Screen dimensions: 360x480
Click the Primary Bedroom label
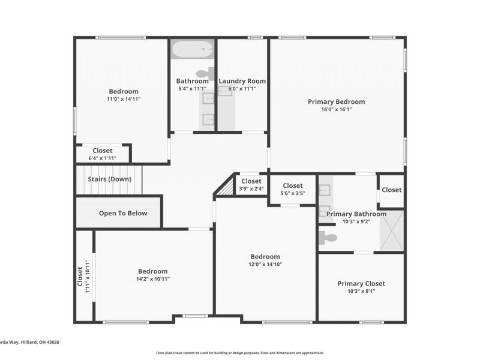pyautogui.click(x=336, y=101)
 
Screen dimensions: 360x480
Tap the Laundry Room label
pyautogui.click(x=242, y=81)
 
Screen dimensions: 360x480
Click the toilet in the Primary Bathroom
pyautogui.click(x=328, y=238)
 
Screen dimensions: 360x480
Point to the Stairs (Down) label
pyautogui.click(x=109, y=179)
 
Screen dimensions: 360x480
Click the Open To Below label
pyautogui.click(x=122, y=213)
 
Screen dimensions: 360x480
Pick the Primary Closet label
pyautogui.click(x=361, y=283)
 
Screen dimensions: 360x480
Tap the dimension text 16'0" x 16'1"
pyautogui.click(x=336, y=110)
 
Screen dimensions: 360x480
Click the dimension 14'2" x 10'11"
pyautogui.click(x=152, y=279)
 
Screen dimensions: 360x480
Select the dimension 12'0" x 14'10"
pyautogui.click(x=265, y=265)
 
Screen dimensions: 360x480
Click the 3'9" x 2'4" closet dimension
pyautogui.click(x=251, y=189)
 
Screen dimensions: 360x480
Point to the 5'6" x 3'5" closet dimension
pyautogui.click(x=292, y=194)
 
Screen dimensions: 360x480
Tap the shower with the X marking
pyautogui.click(x=392, y=230)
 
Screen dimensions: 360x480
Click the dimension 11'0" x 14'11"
pyautogui.click(x=124, y=100)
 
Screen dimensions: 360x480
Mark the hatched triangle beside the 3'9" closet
pyautogui.click(x=226, y=188)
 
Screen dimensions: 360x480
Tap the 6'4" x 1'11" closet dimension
pyautogui.click(x=102, y=158)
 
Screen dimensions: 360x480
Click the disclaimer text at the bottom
pyautogui.click(x=239, y=353)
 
